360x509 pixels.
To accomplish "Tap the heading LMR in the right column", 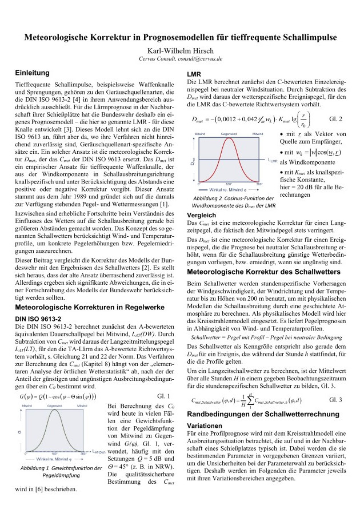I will [196, 75].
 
